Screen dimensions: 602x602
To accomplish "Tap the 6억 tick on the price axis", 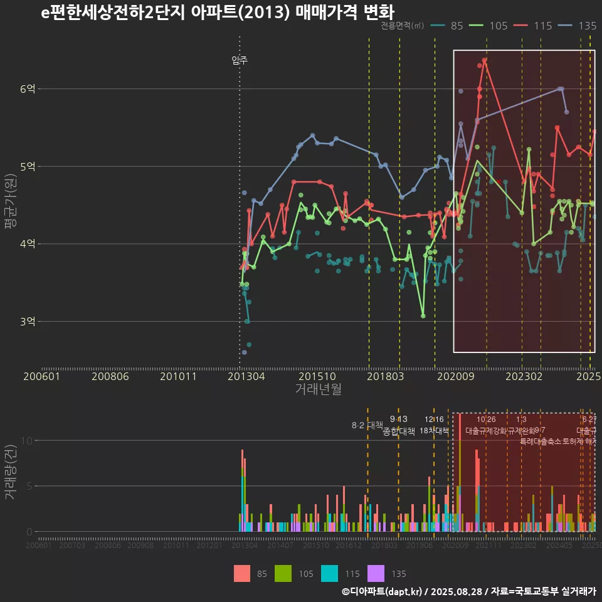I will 27,89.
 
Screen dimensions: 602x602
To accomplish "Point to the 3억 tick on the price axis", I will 27,321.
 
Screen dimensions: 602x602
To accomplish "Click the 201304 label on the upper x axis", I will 245,376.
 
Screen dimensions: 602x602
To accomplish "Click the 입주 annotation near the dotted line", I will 240,60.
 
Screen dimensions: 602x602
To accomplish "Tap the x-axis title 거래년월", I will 318,389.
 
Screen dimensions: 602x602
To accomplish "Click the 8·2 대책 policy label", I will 367,425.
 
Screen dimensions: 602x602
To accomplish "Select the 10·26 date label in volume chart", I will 486,420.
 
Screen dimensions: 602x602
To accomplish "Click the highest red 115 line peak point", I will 485,60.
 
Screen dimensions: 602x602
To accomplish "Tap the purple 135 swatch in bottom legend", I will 376,573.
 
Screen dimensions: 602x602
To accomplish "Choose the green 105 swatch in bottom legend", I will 284,573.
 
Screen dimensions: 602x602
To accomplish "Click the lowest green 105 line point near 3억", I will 423,315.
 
